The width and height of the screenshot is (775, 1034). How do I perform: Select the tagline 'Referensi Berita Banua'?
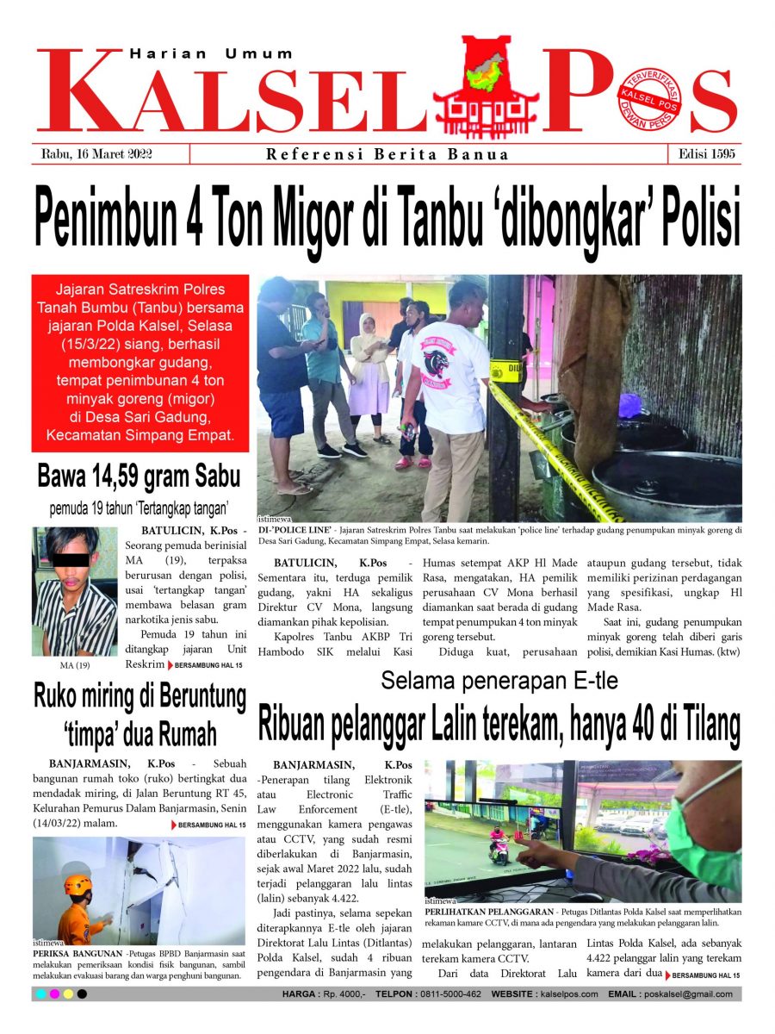[387, 155]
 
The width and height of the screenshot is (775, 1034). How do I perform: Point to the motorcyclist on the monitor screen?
[499, 844]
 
